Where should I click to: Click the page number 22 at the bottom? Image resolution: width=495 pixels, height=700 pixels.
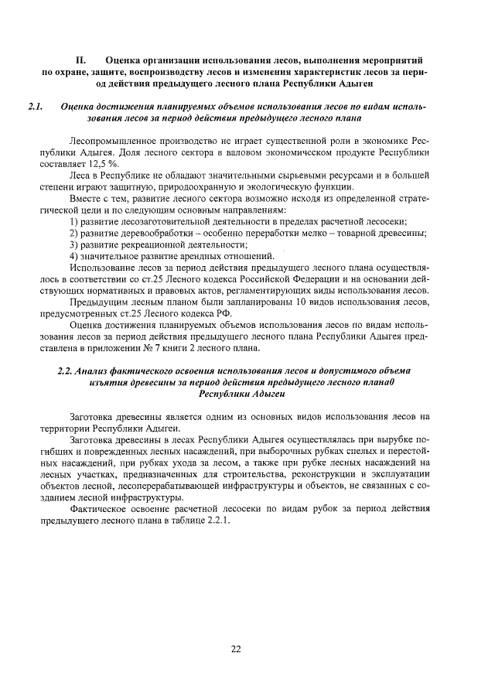237,649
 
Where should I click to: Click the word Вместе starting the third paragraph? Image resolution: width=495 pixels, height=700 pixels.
87,199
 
